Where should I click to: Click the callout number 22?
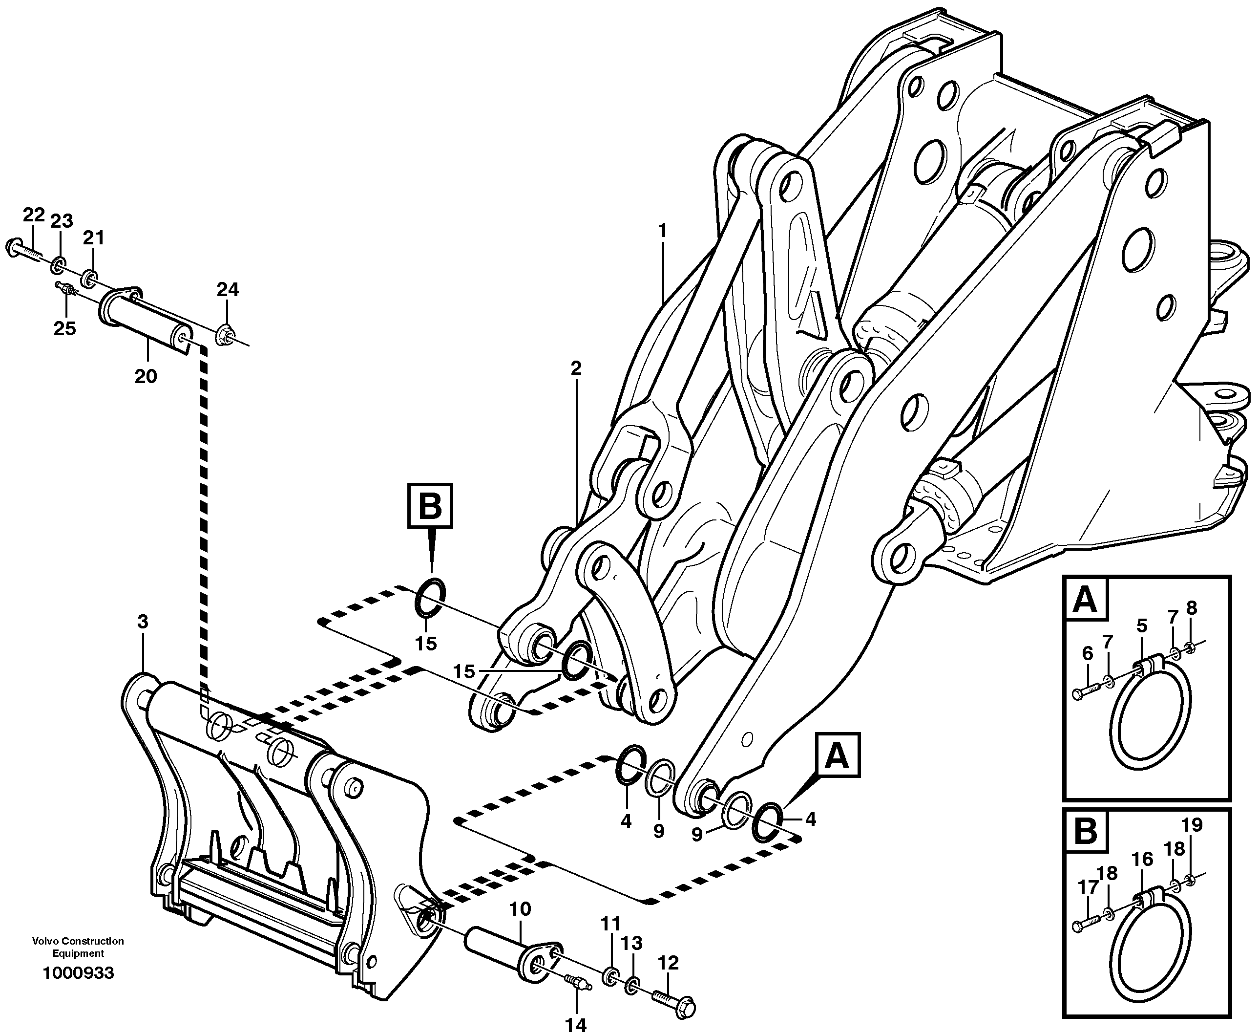click(x=34, y=215)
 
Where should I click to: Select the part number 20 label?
click(x=146, y=376)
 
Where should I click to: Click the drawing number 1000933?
click(x=78, y=973)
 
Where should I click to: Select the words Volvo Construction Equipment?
click(x=78, y=946)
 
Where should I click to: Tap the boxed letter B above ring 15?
click(x=430, y=506)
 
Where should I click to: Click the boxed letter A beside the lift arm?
click(x=837, y=756)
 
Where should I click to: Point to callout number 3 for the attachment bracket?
click(x=143, y=622)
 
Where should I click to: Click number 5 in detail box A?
click(x=1142, y=626)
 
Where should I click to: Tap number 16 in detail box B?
click(x=1142, y=859)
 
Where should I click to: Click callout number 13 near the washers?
click(x=631, y=943)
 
